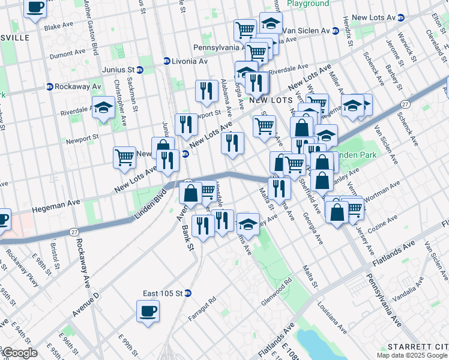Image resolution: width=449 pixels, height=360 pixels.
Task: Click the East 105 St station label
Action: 162,293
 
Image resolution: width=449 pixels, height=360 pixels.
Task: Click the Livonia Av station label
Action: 185,61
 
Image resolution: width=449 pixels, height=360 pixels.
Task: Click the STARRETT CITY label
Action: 418,347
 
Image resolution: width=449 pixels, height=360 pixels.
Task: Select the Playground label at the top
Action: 308,4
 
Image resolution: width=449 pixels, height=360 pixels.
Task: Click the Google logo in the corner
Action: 19,353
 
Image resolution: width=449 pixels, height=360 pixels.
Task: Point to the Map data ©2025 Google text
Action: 412,355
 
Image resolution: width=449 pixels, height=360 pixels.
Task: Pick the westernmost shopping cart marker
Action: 124,157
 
